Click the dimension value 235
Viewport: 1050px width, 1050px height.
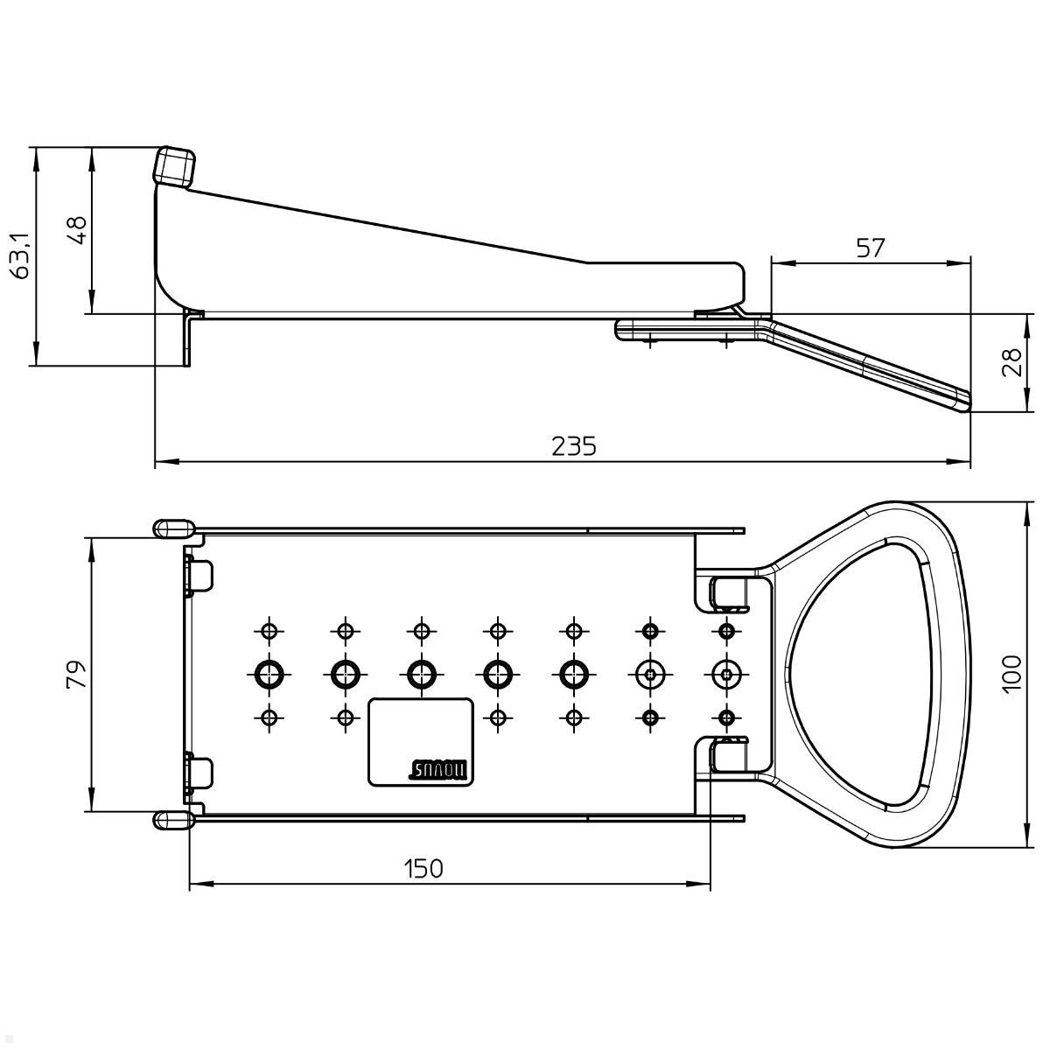tap(573, 446)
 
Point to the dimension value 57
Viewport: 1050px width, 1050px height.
tap(870, 248)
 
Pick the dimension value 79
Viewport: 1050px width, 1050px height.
tap(77, 675)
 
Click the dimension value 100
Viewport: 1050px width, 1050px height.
tap(1011, 675)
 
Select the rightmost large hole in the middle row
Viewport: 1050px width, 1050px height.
tap(725, 673)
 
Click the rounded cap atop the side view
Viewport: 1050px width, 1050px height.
tap(175, 165)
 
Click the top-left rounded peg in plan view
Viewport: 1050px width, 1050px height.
tap(173, 528)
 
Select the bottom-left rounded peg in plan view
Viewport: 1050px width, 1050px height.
tap(173, 819)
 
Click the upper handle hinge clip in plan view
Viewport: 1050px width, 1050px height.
tap(730, 592)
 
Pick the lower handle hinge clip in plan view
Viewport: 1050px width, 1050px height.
tap(730, 754)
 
